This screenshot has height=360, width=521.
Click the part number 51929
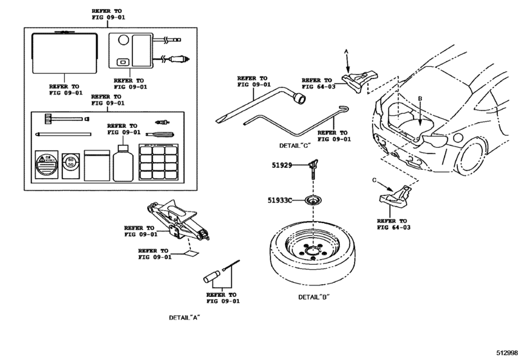click(x=280, y=165)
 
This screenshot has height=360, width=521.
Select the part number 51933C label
click(x=280, y=201)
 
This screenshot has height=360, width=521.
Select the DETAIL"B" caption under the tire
click(x=313, y=297)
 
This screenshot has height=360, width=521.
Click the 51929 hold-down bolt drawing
click(x=313, y=168)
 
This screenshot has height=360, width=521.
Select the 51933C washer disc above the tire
click(x=313, y=201)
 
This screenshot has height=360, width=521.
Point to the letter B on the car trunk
click(x=419, y=99)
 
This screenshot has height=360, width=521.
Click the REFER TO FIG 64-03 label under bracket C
click(x=394, y=223)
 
